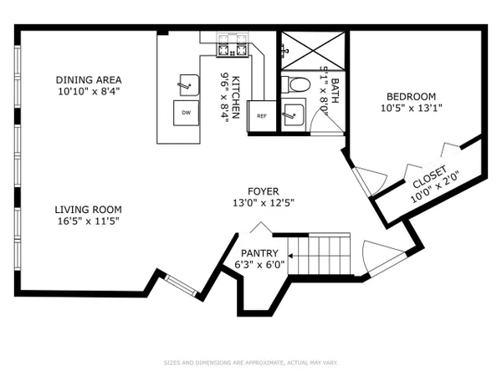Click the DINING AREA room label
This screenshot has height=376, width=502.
pos(89,79)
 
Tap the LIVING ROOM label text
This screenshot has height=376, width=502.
pos(89,210)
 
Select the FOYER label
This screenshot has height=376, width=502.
pos(264,191)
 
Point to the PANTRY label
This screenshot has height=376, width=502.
pos(259,253)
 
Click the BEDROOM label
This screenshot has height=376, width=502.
pos(411,96)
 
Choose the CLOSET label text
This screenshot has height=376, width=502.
pos(429,177)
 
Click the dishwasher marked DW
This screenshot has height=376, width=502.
pos(187,113)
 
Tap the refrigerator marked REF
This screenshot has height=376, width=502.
pos(262,116)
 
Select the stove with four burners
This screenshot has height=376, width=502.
pos(233,45)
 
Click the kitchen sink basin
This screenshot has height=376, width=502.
pos(189,85)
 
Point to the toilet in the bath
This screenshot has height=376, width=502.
pos(296,85)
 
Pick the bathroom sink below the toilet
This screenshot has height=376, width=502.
pos(293,114)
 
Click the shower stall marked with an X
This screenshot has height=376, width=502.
pos(313,50)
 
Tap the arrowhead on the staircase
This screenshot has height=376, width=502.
pos(290,256)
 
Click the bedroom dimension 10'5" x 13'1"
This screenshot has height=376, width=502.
pos(411,108)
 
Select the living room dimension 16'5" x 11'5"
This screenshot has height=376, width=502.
pos(89,221)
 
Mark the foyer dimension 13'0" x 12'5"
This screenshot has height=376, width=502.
pos(264,203)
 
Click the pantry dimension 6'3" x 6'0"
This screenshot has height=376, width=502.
pos(259,265)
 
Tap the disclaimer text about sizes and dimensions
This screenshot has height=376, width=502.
pos(251,363)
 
